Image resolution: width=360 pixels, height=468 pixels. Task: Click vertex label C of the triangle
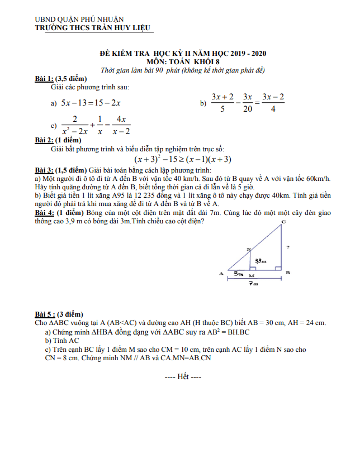(283, 222)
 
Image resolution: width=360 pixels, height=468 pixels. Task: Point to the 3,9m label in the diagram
(260, 261)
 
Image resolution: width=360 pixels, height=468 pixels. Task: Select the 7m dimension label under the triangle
(254, 284)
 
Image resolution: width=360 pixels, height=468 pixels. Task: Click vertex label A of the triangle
(222, 274)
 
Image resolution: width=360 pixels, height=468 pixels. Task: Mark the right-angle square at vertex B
(277, 268)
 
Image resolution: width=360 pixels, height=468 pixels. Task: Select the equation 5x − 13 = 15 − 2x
(91, 103)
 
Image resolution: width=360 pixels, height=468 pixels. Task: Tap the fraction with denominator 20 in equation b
(248, 103)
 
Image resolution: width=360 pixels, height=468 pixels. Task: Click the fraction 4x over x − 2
(121, 125)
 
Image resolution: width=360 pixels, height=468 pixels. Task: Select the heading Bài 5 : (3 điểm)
(59, 314)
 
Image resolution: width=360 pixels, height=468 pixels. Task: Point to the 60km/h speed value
(318, 178)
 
